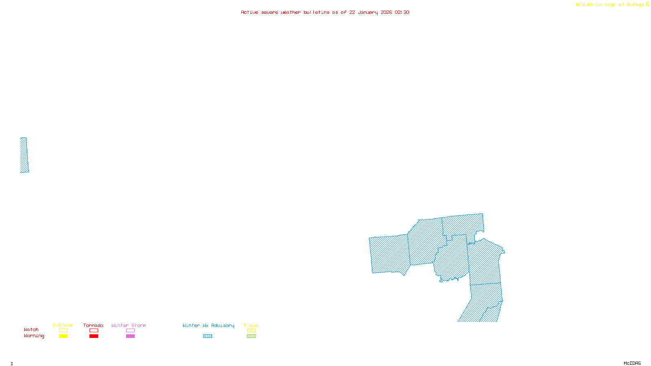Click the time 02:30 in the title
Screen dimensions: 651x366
[402, 12]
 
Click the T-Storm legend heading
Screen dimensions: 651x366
[63, 325]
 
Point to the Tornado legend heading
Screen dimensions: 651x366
[93, 325]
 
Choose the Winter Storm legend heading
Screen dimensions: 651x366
[129, 325]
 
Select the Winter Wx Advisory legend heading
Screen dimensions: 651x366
[208, 325]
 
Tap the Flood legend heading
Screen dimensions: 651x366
[251, 325]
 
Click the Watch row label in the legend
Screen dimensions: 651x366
[31, 329]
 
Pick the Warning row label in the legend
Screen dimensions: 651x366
[34, 336]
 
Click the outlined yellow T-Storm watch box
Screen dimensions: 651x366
[63, 331]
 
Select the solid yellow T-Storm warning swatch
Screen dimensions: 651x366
[63, 336]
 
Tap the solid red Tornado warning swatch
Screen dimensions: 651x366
[94, 336]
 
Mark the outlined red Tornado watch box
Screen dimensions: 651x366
[94, 331]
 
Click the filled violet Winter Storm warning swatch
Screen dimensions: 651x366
[130, 336]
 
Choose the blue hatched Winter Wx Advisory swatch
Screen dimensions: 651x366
[208, 336]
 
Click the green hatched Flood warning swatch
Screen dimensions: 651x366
[251, 336]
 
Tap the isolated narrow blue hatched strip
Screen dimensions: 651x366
[24, 155]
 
